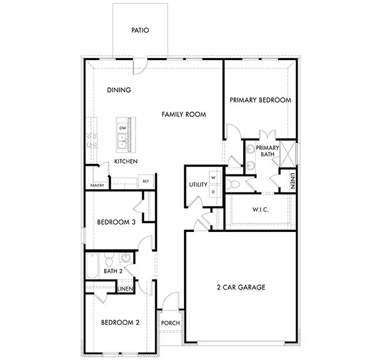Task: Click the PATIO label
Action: pyautogui.click(x=141, y=30)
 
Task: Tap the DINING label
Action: pyautogui.click(x=119, y=90)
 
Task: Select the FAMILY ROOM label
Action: pyautogui.click(x=184, y=114)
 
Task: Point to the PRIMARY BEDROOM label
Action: pyautogui.click(x=260, y=100)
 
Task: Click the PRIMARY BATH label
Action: pyautogui.click(x=267, y=151)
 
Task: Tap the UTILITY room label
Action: pyautogui.click(x=198, y=185)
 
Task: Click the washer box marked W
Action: pyautogui.click(x=214, y=178)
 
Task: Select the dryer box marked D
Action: pyautogui.click(x=214, y=192)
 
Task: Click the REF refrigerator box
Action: pyautogui.click(x=146, y=181)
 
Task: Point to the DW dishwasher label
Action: pyautogui.click(x=123, y=128)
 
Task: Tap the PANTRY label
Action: pyautogui.click(x=97, y=185)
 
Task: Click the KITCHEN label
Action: pyautogui.click(x=126, y=161)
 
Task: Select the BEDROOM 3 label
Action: pyautogui.click(x=116, y=222)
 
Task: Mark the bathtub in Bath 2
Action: pyautogui.click(x=92, y=266)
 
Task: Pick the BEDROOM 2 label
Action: pyautogui.click(x=120, y=322)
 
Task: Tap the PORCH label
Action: pyautogui.click(x=170, y=323)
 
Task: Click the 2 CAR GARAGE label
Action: pyautogui.click(x=241, y=287)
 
